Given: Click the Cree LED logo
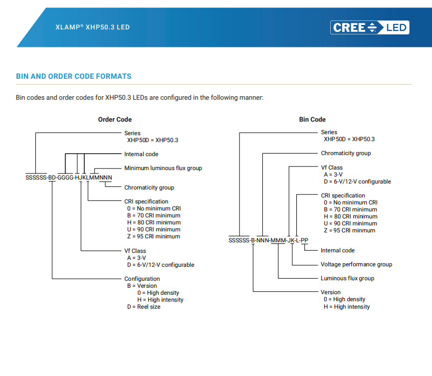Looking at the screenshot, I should (370, 27).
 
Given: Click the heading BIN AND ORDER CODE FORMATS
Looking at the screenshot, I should (74, 76).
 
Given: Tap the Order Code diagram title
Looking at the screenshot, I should (115, 120).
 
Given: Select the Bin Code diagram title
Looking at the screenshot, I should (312, 120).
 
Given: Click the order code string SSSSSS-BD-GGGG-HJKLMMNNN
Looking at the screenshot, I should (69, 178).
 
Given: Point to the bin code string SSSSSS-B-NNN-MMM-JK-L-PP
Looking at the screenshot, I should (268, 240).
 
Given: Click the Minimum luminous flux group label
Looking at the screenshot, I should (163, 168).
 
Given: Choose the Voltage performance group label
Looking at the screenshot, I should (356, 264).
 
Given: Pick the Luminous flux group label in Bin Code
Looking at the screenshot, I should (347, 278).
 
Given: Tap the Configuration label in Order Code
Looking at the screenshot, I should (142, 279).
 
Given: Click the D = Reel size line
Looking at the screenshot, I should (144, 307).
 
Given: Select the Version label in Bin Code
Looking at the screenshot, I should (331, 292).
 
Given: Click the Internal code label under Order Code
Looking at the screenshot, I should (141, 154).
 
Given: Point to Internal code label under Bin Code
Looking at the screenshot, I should (338, 250).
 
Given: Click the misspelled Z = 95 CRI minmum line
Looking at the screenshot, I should (349, 230).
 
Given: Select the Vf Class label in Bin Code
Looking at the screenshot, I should (332, 168).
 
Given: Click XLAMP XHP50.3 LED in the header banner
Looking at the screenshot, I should (92, 27).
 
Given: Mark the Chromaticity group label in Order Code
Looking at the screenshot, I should (149, 188).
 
